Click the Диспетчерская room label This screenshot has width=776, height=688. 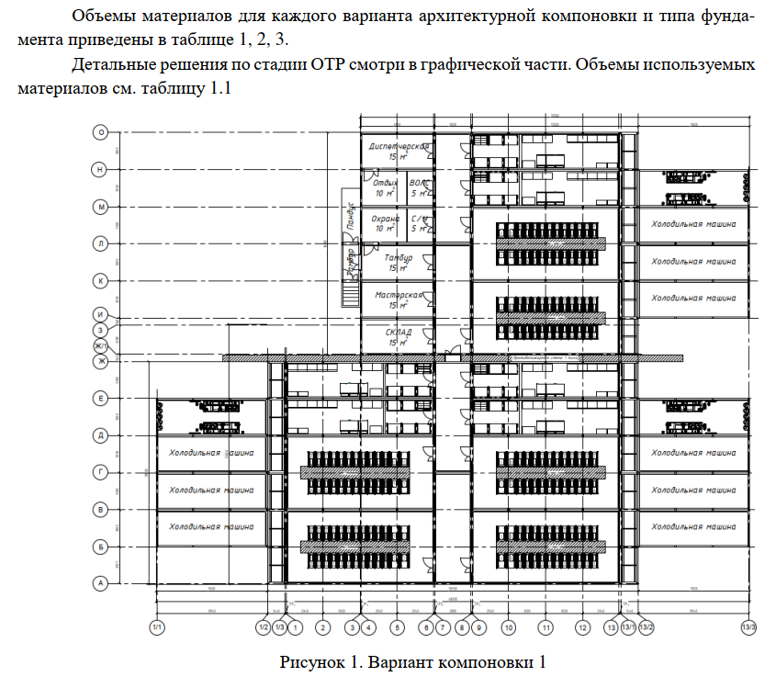(399, 146)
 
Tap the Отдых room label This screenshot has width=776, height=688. (385, 183)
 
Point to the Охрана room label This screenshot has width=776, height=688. (384, 220)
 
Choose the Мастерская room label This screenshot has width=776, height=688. (399, 295)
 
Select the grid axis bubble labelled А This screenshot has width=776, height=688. (100, 582)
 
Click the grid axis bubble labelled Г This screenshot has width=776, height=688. (100, 471)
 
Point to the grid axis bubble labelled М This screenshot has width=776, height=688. (100, 208)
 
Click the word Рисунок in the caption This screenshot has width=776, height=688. (310, 662)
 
